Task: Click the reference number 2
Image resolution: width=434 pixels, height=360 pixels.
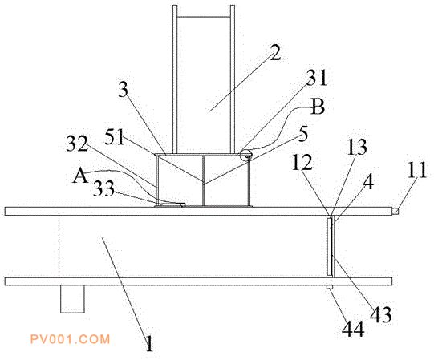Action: (275, 52)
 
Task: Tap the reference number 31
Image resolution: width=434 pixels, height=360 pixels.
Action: (317, 78)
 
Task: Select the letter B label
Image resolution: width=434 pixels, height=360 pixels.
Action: (318, 107)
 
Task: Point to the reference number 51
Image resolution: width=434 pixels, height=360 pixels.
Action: (115, 136)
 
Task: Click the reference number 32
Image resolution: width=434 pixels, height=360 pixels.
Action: (77, 144)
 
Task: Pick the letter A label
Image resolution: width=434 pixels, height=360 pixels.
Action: (80, 176)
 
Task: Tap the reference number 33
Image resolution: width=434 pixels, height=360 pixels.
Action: (103, 188)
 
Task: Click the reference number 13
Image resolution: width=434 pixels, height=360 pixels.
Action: (357, 147)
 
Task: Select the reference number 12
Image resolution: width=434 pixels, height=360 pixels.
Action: (302, 163)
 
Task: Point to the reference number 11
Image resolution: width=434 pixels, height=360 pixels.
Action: (417, 170)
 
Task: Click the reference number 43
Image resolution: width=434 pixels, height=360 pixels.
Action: (381, 314)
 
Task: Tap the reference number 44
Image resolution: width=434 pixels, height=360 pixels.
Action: (353, 330)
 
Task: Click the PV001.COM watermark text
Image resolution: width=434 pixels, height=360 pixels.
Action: (70, 339)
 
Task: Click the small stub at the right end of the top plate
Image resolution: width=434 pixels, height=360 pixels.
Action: (395, 212)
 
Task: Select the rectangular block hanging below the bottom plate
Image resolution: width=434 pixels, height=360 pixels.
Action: (72, 299)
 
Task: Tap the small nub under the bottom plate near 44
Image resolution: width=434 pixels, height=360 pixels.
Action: (330, 287)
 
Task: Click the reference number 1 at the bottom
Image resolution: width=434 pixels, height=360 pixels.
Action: (149, 344)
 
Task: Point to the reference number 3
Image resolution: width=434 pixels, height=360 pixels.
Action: (124, 89)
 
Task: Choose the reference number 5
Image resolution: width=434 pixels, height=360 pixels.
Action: (303, 134)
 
